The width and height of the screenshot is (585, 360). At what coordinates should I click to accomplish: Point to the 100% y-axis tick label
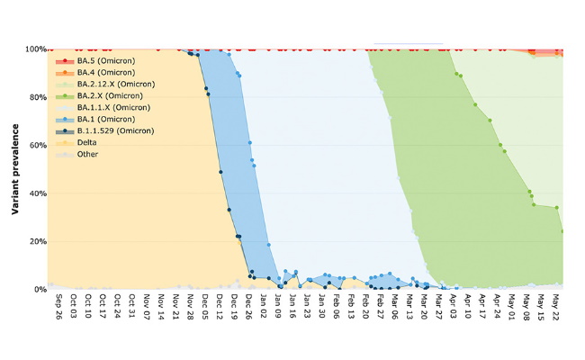click(34, 49)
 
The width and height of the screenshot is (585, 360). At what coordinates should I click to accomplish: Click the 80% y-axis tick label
click(36, 97)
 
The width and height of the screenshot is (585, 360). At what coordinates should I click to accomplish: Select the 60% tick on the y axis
click(36, 145)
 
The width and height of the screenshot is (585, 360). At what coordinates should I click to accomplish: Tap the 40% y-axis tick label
click(36, 193)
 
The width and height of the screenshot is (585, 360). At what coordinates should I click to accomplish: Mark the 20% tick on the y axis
click(36, 241)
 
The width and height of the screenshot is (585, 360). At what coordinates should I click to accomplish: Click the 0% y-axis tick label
click(39, 290)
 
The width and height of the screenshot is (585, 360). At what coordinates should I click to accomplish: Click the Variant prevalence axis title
click(15, 169)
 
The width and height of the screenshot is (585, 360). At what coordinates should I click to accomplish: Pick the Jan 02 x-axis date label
click(263, 309)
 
